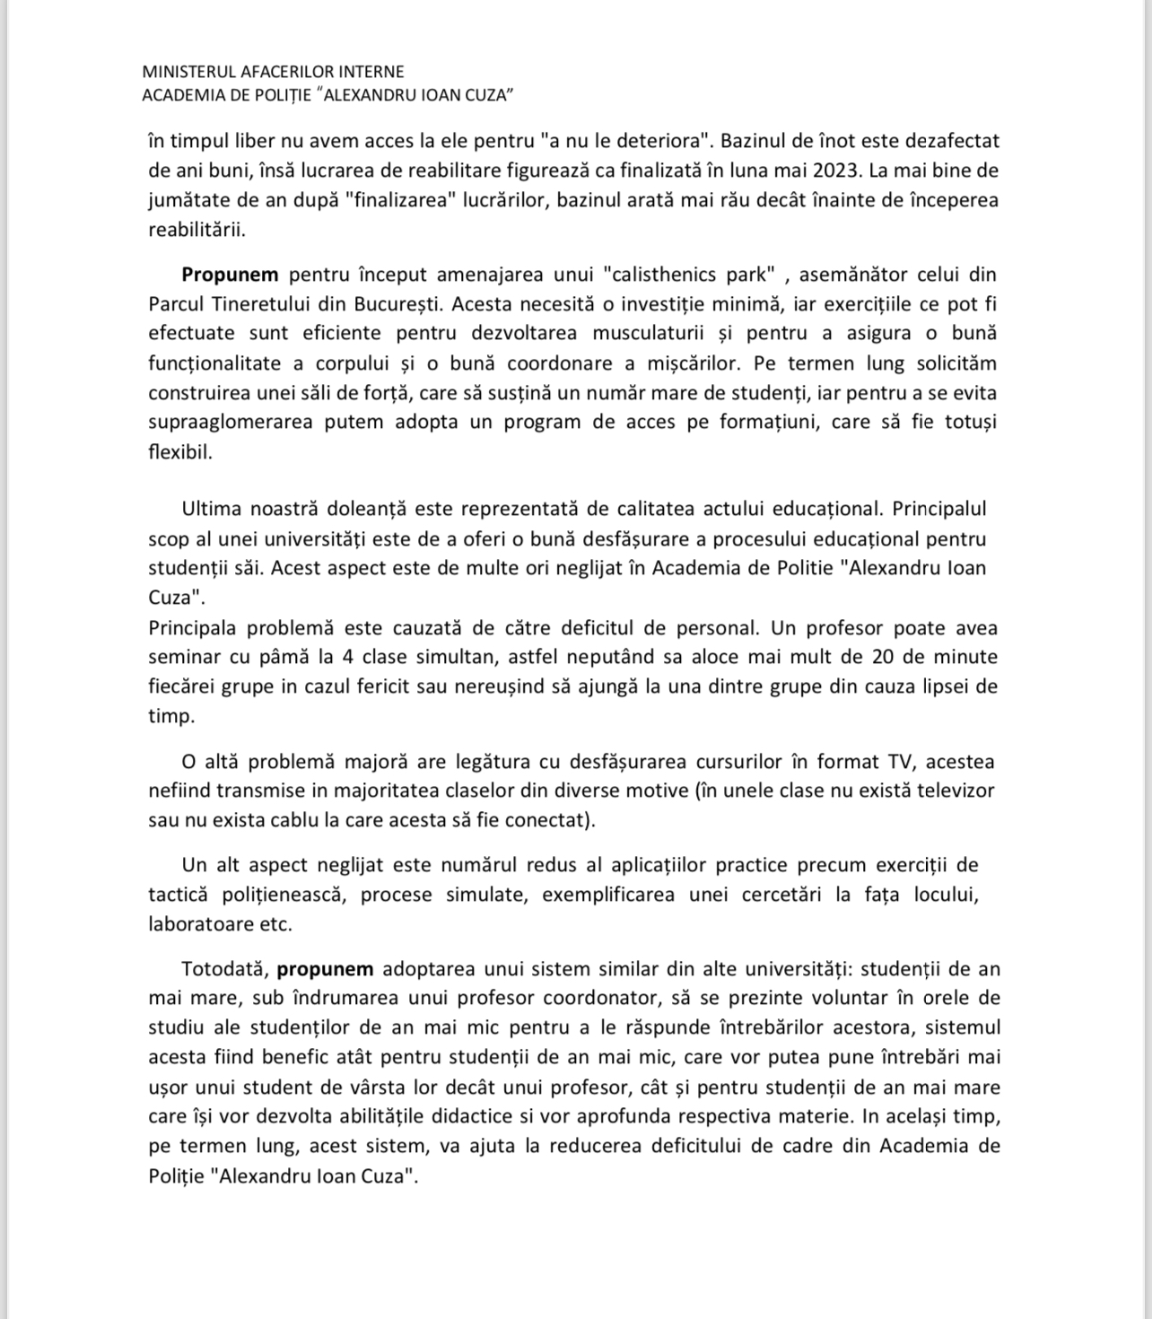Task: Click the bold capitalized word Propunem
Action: (x=230, y=275)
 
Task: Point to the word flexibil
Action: (x=180, y=451)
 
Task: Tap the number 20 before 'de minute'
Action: (x=881, y=657)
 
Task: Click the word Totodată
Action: (x=224, y=969)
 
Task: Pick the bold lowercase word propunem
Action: (x=325, y=969)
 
